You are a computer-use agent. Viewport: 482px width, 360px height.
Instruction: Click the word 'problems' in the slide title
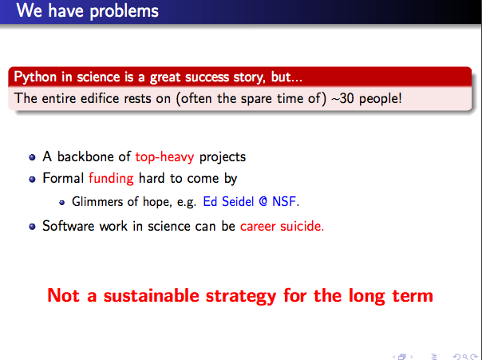pos(124,12)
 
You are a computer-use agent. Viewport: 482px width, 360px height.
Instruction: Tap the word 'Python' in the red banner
pos(35,77)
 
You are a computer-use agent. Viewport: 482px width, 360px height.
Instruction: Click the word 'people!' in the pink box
pos(380,99)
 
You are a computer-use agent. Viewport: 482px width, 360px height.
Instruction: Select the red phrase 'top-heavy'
pos(164,157)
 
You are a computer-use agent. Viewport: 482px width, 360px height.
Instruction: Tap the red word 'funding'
pos(111,178)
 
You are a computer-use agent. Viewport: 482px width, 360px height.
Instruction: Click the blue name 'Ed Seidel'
pos(228,202)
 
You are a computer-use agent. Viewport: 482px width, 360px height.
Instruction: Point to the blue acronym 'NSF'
pos(284,202)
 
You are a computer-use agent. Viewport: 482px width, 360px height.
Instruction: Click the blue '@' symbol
pos(263,202)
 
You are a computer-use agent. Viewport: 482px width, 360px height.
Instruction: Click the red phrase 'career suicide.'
pos(282,226)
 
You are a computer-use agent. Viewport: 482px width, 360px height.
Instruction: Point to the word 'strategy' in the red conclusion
pos(241,296)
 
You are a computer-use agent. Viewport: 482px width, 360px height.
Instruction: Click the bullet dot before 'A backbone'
pos(32,157)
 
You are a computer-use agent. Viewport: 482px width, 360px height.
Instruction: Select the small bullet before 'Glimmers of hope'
pos(62,202)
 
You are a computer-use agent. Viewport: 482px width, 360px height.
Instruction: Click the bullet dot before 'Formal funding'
pos(32,179)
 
